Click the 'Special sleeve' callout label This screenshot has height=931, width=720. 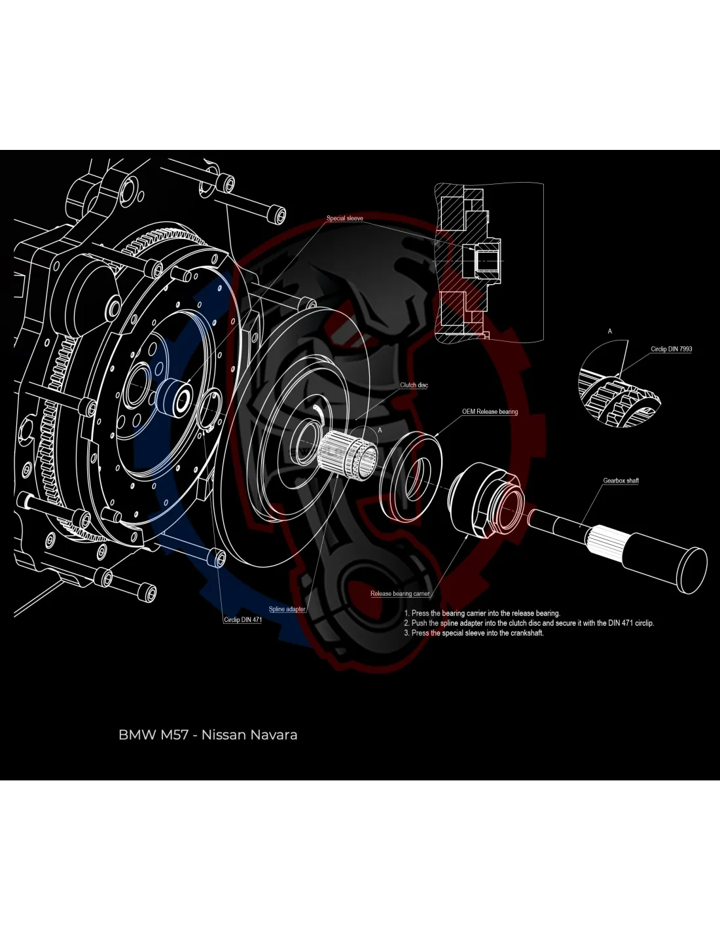344,218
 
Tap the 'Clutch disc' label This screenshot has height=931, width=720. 414,385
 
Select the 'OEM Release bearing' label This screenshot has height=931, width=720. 490,412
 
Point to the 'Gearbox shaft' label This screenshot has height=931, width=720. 621,481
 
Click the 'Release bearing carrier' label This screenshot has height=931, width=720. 400,594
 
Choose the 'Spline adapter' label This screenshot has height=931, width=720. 287,609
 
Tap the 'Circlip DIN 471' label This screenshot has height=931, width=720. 242,619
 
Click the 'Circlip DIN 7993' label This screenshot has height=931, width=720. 671,349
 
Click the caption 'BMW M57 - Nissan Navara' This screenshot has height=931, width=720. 207,735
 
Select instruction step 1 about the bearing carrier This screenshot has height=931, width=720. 482,613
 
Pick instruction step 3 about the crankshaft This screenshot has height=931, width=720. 474,633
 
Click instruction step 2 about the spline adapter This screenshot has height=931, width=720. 529,623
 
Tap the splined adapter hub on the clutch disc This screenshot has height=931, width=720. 347,452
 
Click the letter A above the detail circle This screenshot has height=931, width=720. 610,331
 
